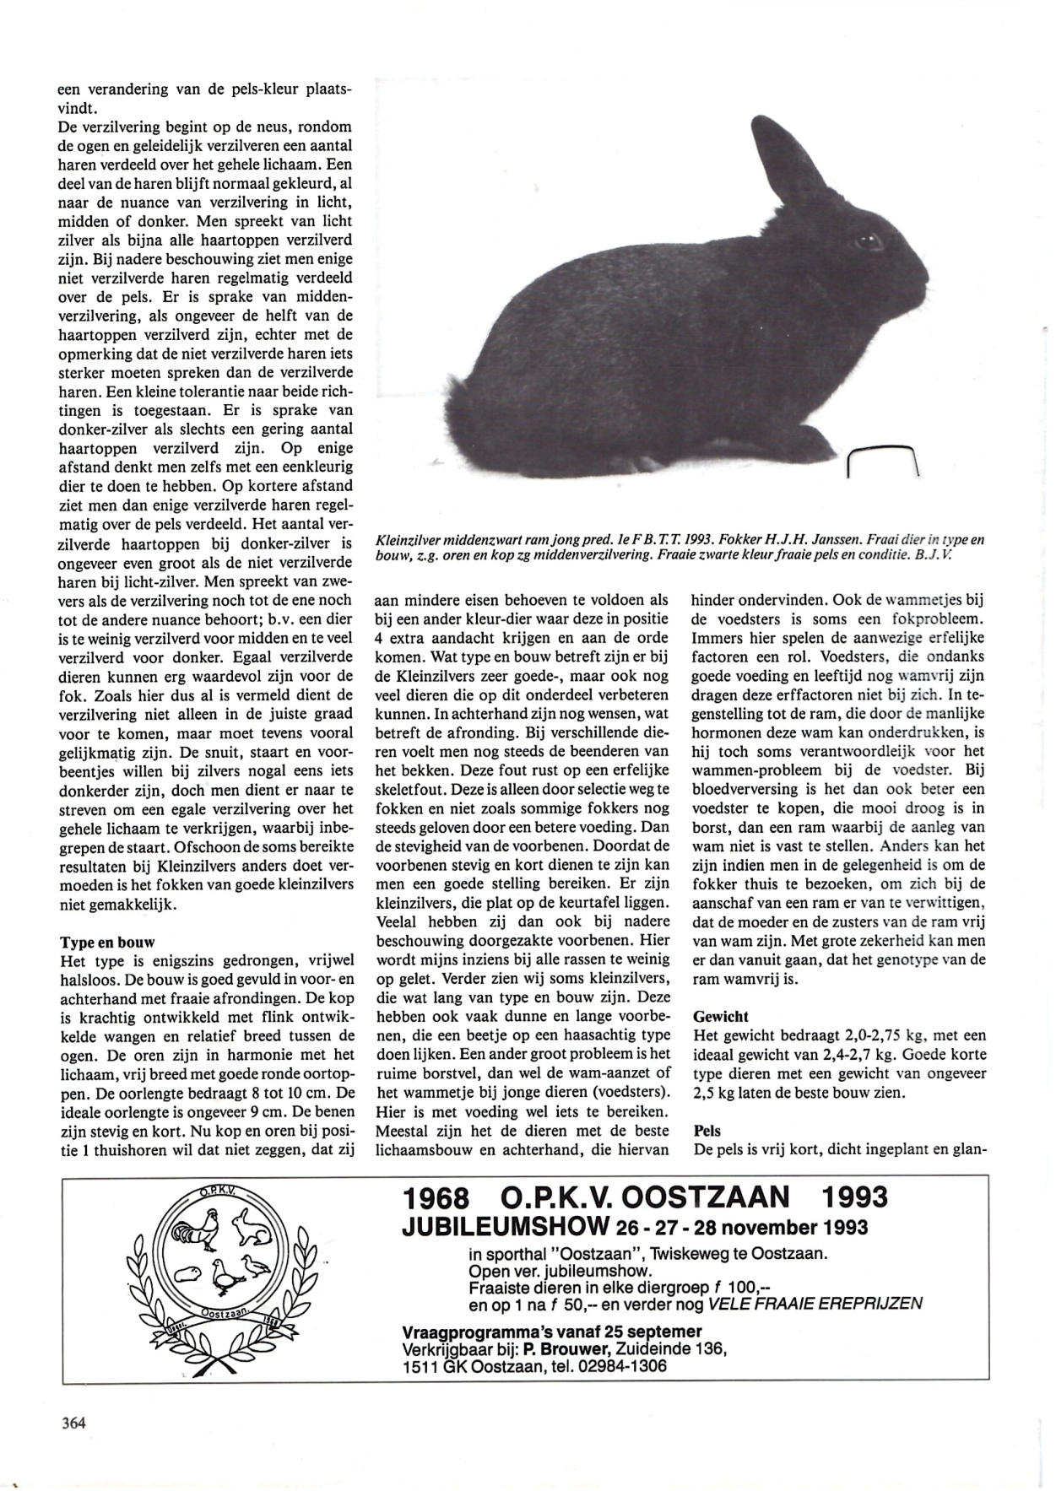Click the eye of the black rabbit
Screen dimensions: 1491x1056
tap(868, 242)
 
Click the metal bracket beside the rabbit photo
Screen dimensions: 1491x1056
tap(881, 461)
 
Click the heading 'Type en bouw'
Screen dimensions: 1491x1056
tap(107, 942)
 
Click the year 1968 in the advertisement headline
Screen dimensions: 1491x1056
tap(436, 1197)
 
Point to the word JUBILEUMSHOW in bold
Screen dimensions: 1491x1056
tap(504, 1226)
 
